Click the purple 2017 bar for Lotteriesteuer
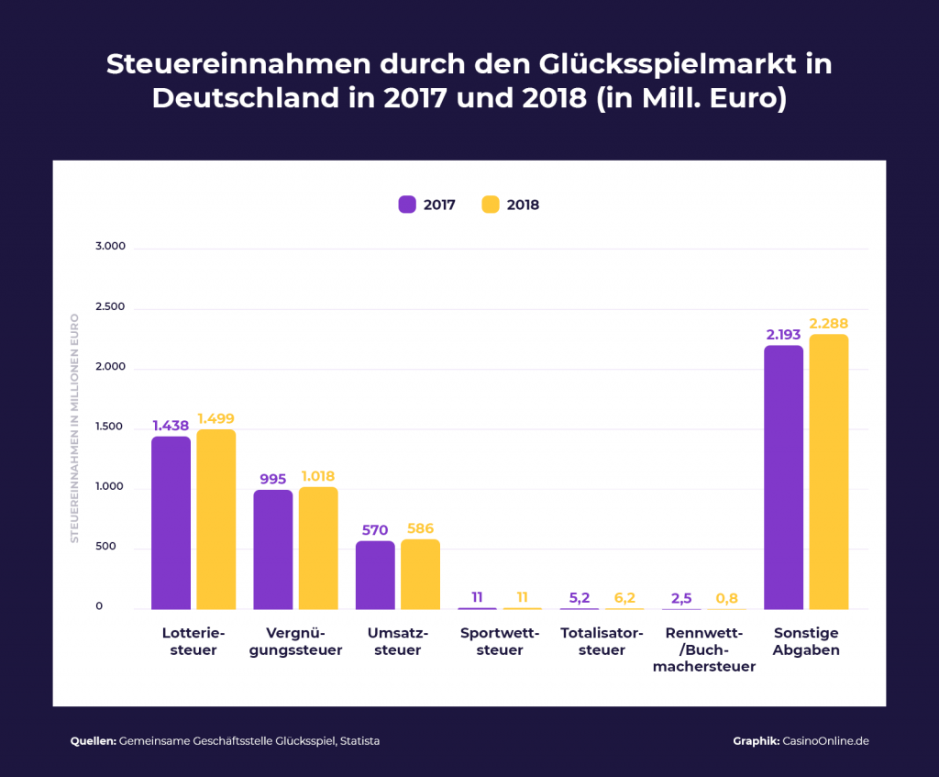pyautogui.click(x=171, y=523)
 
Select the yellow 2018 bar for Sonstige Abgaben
pyautogui.click(x=828, y=472)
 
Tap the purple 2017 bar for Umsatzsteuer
pyautogui.click(x=375, y=575)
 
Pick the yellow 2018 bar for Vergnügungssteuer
pyautogui.click(x=318, y=549)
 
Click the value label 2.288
pyautogui.click(x=828, y=323)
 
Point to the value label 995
pyautogui.click(x=273, y=479)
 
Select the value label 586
pyautogui.click(x=420, y=528)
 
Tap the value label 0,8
pyautogui.click(x=725, y=597)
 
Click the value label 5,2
pyautogui.click(x=580, y=597)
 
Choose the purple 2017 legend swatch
pyautogui.click(x=407, y=205)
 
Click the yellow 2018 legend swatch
pyautogui.click(x=491, y=205)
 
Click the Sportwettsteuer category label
pyautogui.click(x=500, y=641)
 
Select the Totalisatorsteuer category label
pyautogui.click(x=602, y=641)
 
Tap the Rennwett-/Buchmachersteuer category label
pyautogui.click(x=704, y=649)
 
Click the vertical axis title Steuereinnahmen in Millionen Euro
pyautogui.click(x=75, y=428)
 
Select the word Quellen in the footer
pyautogui.click(x=93, y=740)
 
